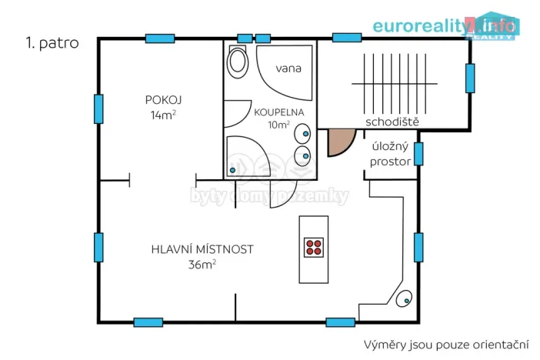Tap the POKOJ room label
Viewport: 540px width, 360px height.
[163, 100]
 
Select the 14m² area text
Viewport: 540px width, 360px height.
[164, 115]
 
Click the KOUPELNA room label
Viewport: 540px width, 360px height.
[279, 112]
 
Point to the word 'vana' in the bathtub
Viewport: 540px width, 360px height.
[288, 68]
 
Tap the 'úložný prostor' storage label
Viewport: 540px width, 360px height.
[390, 155]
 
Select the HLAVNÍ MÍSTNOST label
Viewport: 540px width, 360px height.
[202, 249]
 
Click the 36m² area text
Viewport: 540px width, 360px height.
[202, 265]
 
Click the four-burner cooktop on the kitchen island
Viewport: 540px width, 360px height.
[314, 248]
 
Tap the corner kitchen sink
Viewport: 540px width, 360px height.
[403, 300]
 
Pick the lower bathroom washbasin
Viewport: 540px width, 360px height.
[305, 157]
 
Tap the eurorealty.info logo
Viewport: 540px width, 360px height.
[445, 25]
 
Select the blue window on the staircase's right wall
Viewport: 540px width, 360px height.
[469, 78]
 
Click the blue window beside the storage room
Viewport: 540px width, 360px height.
[418, 154]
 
